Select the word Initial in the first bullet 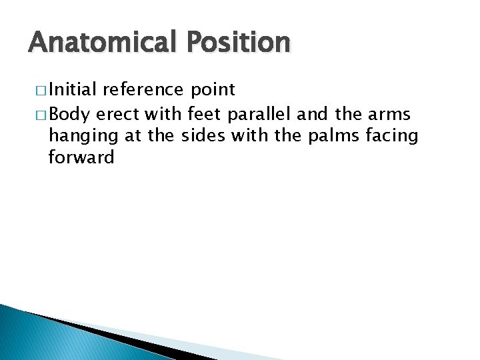coord(73,90)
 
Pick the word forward coord(81,158)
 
